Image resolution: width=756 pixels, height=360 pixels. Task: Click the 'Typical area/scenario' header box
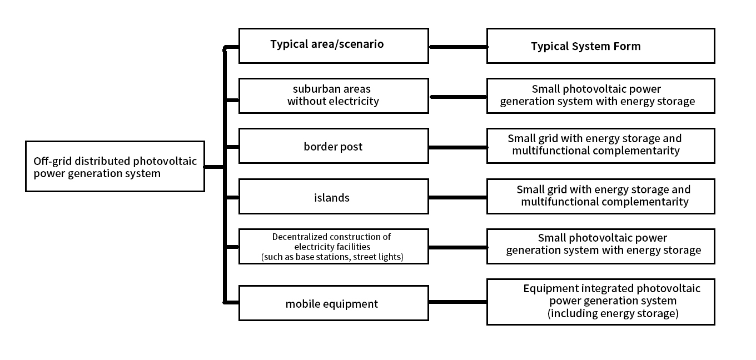334,46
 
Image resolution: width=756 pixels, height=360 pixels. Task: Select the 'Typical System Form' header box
600,46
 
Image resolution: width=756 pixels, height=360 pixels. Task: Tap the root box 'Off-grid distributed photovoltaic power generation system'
115,167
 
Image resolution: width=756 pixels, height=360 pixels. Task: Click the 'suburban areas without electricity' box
334,96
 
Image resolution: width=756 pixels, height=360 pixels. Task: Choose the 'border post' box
334,146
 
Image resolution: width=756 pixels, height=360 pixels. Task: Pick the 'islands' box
334,197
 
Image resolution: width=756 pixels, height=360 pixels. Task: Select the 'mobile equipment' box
334,303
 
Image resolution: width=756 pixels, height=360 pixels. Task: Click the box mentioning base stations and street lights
334,246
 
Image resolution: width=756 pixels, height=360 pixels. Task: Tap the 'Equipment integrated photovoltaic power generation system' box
600,302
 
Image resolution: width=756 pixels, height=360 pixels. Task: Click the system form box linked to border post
600,146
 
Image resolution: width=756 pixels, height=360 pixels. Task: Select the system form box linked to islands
600,197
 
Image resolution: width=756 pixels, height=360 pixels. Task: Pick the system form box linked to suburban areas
600,96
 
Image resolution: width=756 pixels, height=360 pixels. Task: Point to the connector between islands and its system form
457,197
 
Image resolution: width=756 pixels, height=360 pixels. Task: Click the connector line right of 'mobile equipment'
457,302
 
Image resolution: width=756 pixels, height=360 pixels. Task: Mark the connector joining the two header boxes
457,47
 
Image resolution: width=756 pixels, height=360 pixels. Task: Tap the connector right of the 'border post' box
457,147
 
